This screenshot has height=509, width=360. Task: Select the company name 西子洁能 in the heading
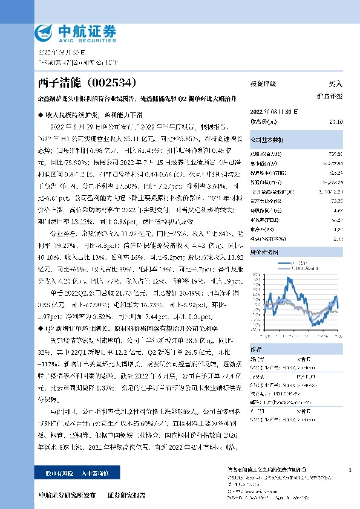(59, 81)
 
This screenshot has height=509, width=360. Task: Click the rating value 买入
(335, 84)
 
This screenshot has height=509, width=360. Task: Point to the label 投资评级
(263, 84)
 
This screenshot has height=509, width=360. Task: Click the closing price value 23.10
(336, 122)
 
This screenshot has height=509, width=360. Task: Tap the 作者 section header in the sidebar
(256, 349)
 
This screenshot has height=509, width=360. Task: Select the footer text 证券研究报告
(126, 495)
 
